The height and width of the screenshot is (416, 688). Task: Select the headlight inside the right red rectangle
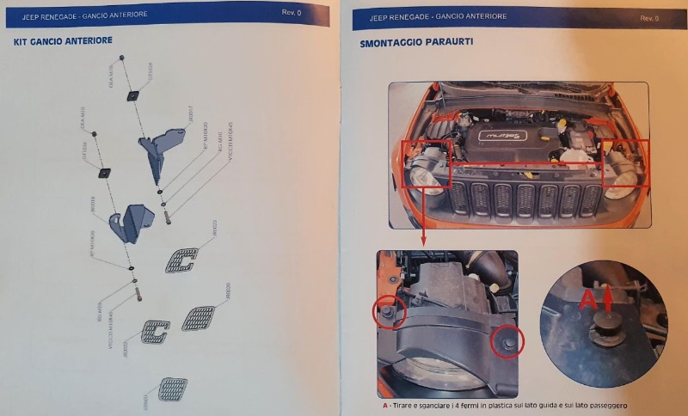click(623, 178)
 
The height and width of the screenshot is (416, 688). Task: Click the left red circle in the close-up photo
click(388, 313)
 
